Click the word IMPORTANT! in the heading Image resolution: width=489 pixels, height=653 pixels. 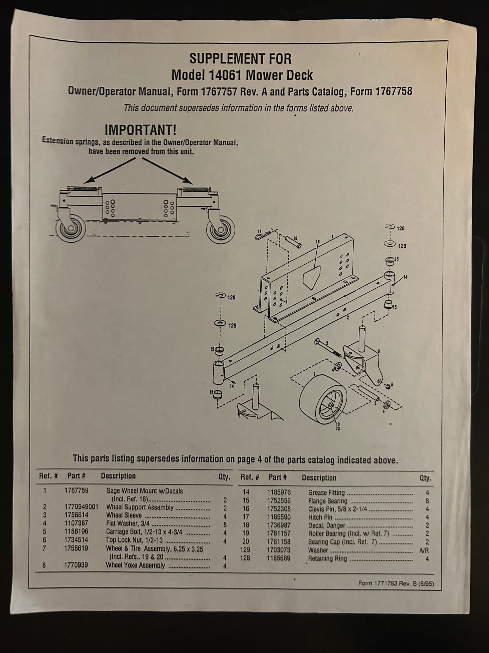tap(140, 130)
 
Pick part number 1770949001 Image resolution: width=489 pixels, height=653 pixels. tap(81, 507)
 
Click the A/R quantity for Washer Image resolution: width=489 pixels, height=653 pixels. tap(424, 550)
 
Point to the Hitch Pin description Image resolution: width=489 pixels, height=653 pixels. tap(320, 517)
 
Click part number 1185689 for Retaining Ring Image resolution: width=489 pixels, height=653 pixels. tap(278, 558)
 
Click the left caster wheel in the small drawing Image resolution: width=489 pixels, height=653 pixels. tap(71, 229)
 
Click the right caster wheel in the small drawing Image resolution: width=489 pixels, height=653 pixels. tap(221, 230)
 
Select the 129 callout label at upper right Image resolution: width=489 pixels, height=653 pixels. tap(402, 246)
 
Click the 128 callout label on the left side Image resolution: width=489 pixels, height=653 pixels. tap(231, 298)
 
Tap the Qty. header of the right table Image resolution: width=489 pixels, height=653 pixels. tap(425, 478)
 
